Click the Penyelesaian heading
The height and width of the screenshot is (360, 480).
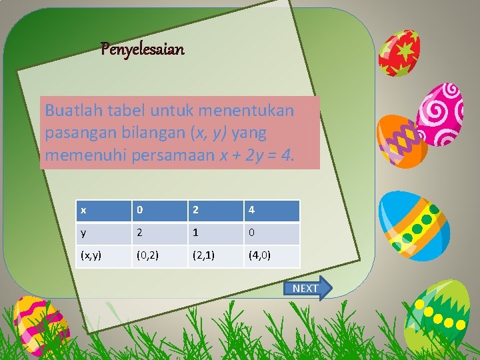(142, 49)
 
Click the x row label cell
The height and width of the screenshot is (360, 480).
(103, 211)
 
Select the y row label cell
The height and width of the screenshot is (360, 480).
(103, 234)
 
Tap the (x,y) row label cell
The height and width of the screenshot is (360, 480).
(103, 256)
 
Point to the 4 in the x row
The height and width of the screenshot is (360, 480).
(271, 211)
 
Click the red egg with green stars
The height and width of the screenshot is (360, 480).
(399, 53)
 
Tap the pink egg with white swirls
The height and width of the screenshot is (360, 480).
(440, 113)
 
